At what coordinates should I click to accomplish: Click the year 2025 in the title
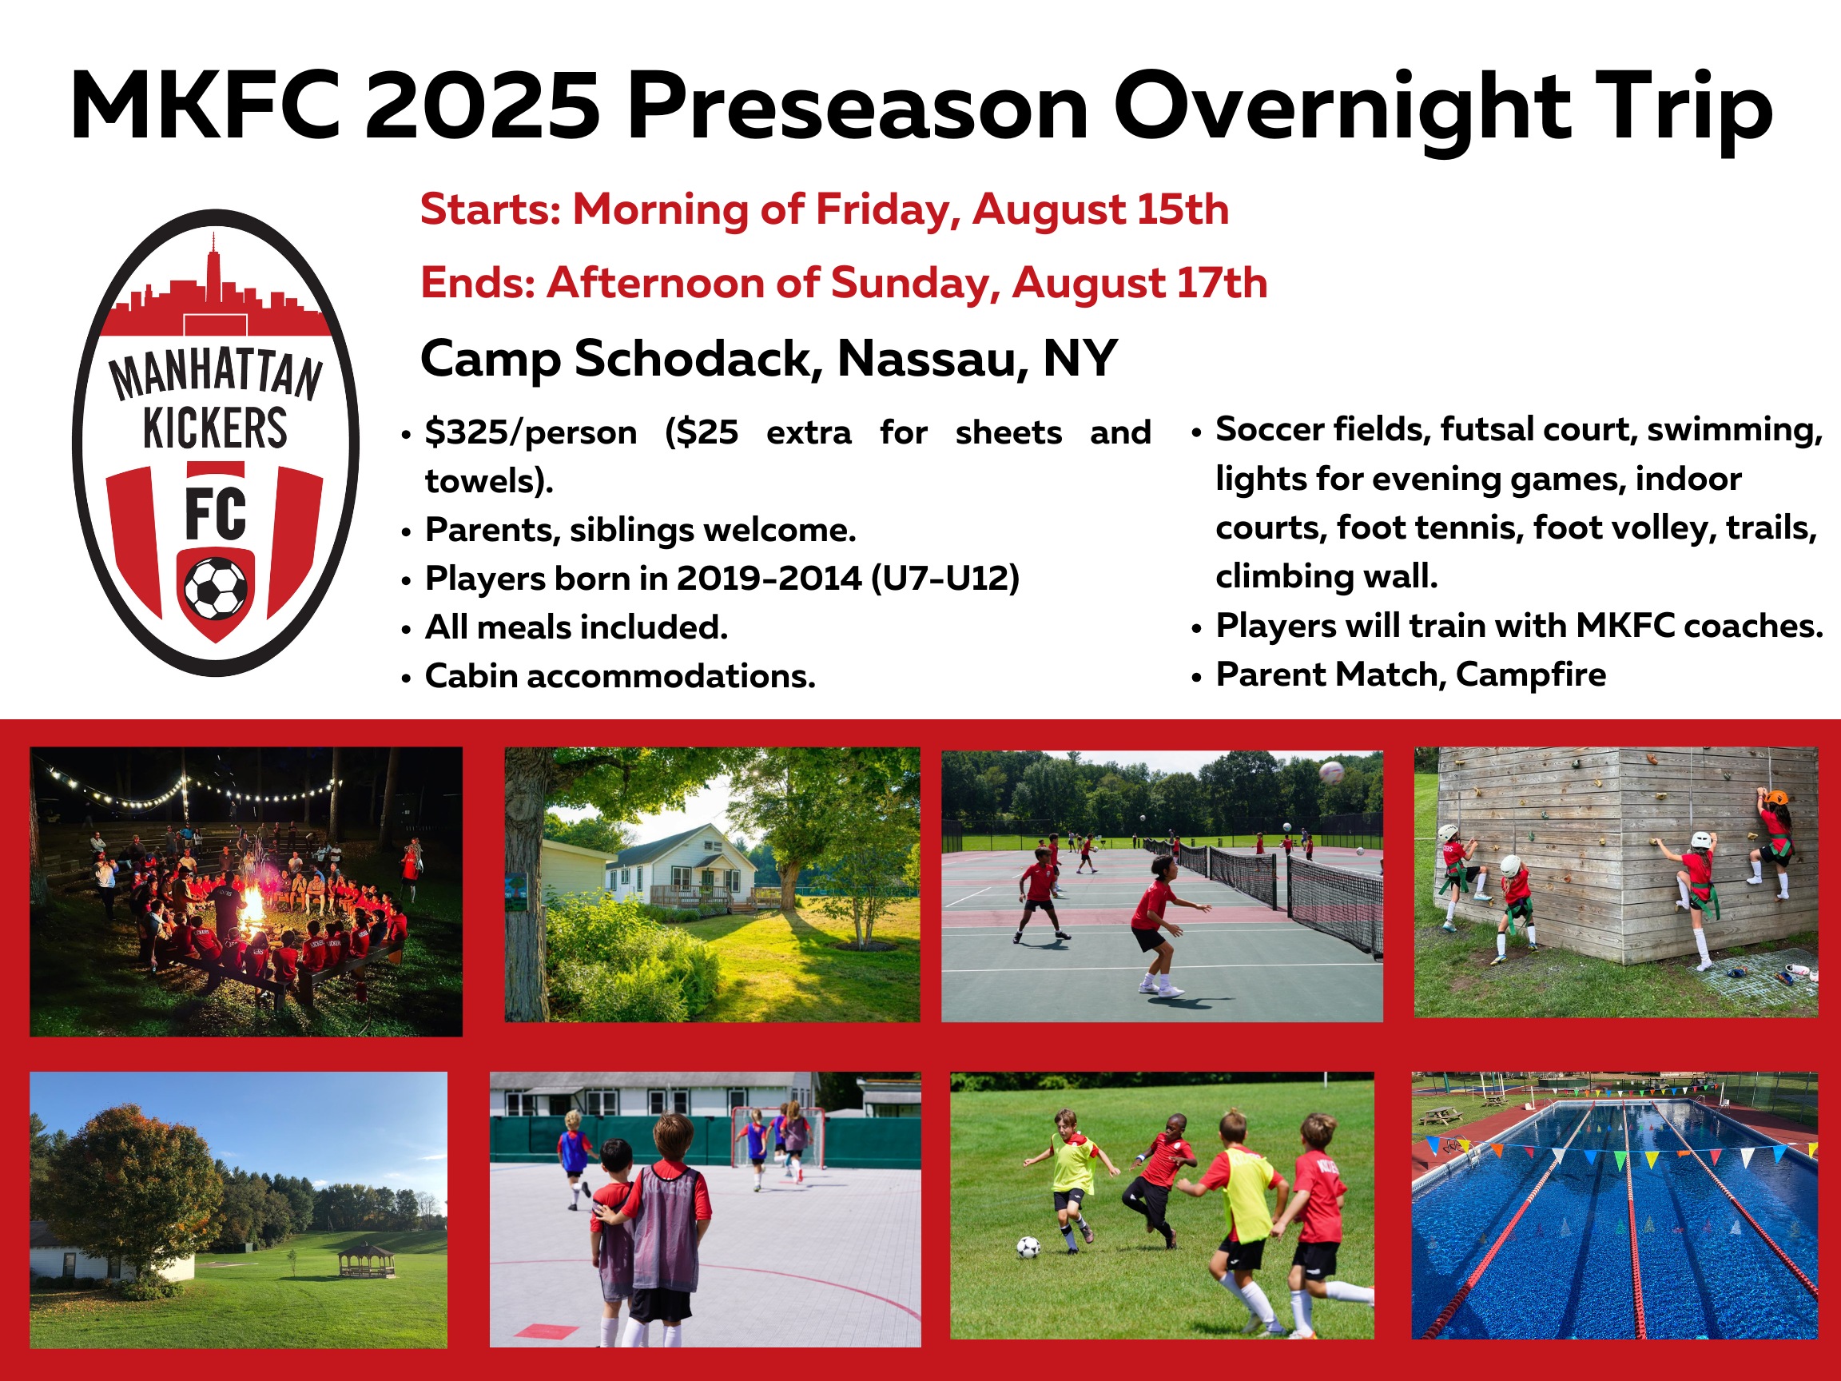tap(482, 105)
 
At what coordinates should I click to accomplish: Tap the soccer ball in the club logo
tap(216, 588)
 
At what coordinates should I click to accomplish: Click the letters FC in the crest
tap(216, 515)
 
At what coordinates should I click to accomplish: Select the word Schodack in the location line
tap(693, 359)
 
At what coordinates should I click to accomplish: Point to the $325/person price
tap(531, 433)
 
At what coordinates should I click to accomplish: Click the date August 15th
tap(1100, 209)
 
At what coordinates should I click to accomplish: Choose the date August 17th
tap(1139, 283)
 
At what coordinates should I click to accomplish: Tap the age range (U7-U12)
tap(945, 579)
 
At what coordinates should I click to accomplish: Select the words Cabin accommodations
tap(620, 676)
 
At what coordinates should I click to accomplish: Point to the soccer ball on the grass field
tap(1028, 1247)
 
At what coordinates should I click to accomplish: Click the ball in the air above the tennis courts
tap(1332, 772)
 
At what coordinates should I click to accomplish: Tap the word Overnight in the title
tap(1342, 108)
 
